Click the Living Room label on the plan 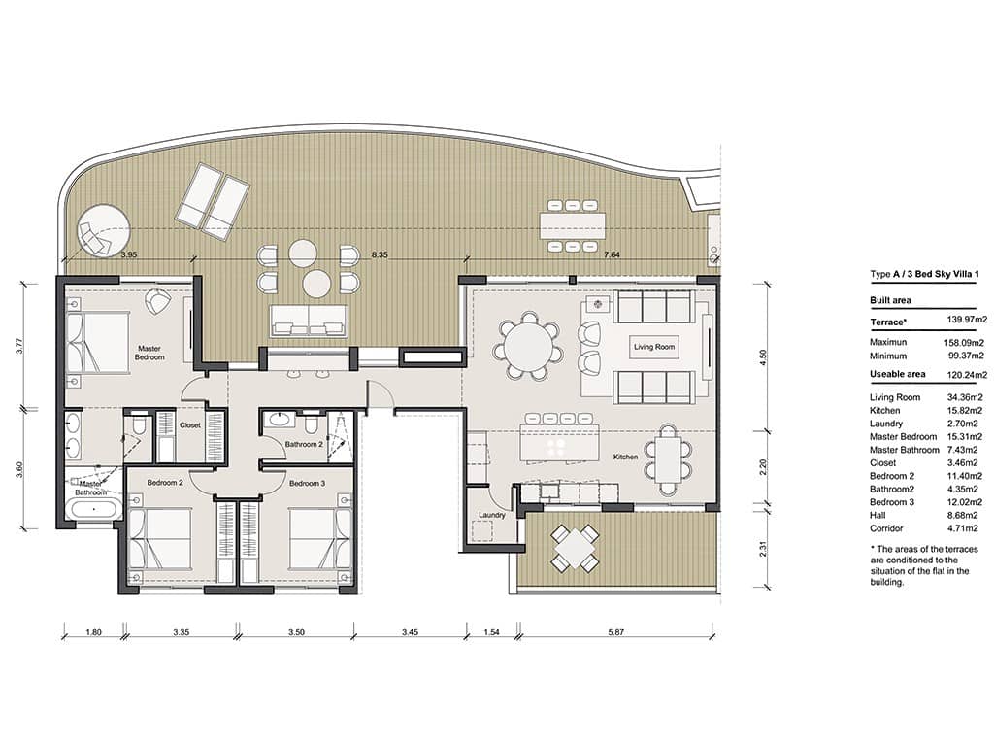tap(654, 347)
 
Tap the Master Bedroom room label tap(149, 353)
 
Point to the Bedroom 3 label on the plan tap(306, 483)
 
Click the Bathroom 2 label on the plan tap(304, 445)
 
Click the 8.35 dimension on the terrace tap(380, 255)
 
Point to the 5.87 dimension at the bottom tap(615, 632)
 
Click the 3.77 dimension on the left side tap(20, 345)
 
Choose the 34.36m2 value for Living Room tap(967, 397)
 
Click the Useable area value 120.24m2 tap(967, 374)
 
